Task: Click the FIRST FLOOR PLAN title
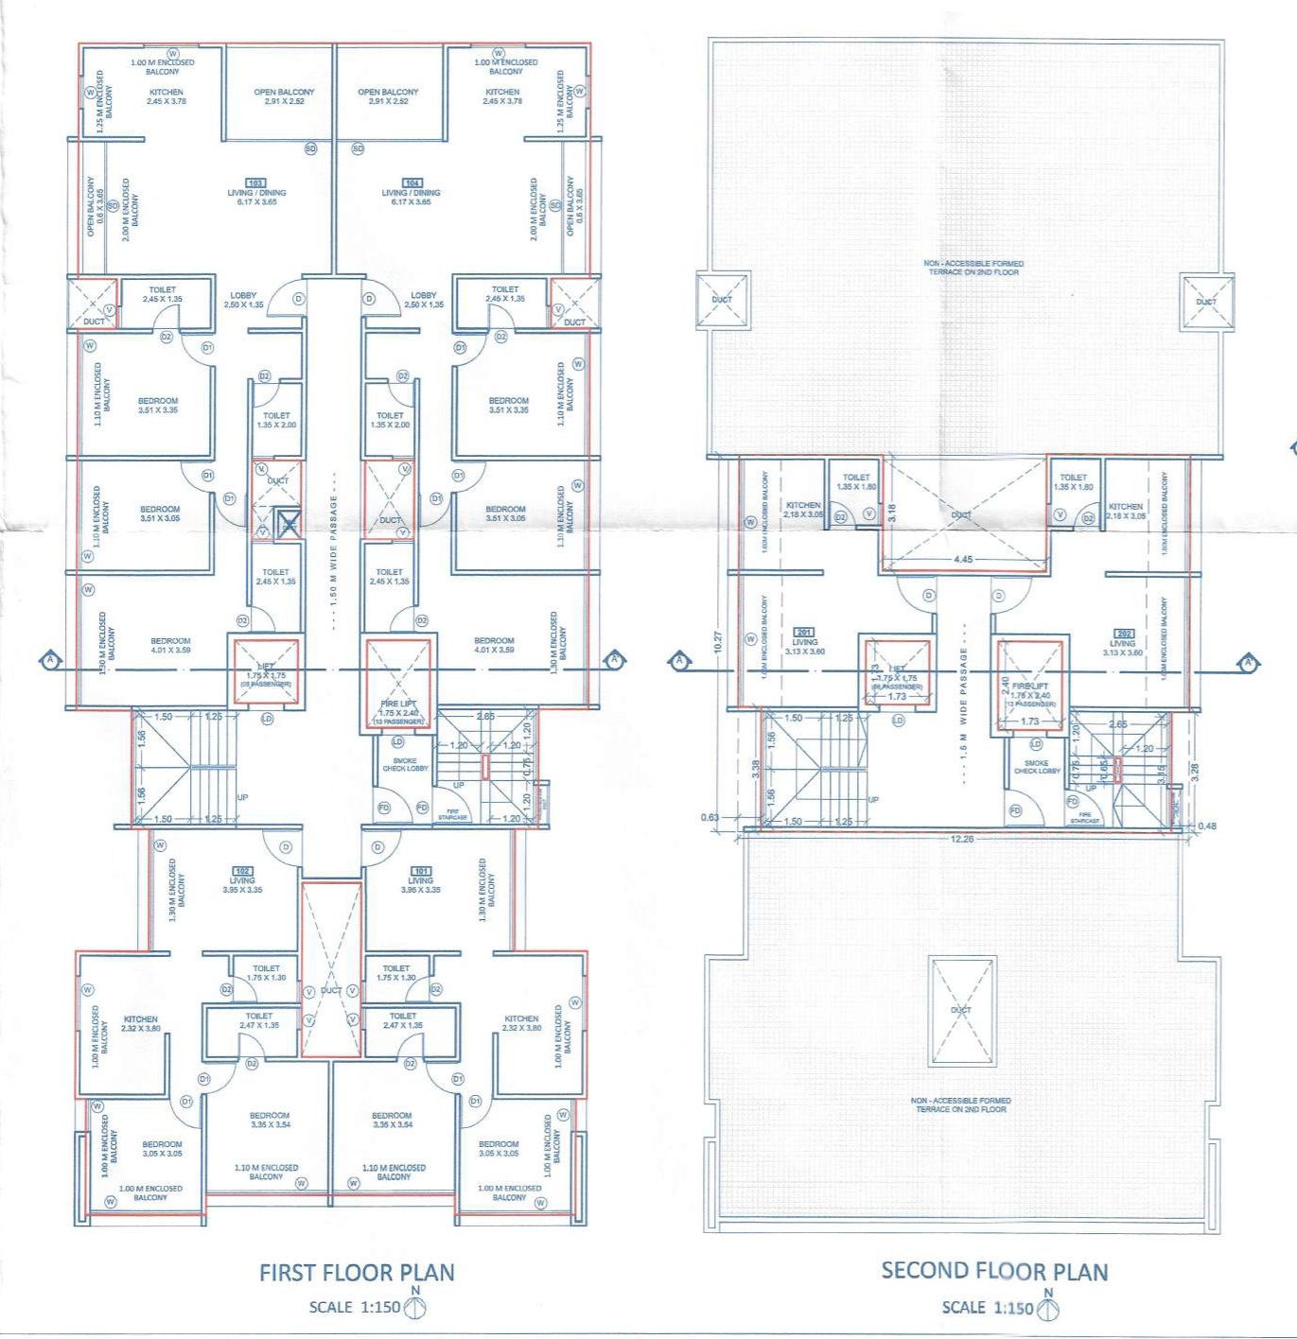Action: click(x=357, y=1273)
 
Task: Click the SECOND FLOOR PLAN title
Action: click(x=994, y=1271)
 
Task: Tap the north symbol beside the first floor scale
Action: click(x=415, y=1307)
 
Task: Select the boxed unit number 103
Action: click(x=254, y=183)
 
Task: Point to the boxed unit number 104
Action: click(x=412, y=183)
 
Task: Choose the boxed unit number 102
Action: click(x=242, y=871)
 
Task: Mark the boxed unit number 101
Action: click(x=421, y=871)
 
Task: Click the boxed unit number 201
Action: click(x=804, y=632)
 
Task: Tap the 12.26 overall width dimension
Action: click(x=961, y=839)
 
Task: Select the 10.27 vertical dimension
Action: click(x=718, y=642)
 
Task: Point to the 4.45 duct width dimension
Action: click(x=963, y=560)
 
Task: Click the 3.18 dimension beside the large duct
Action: click(x=891, y=513)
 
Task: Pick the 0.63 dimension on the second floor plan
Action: click(x=710, y=817)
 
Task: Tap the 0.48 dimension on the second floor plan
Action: click(x=1207, y=826)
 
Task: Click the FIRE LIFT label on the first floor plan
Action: click(x=398, y=704)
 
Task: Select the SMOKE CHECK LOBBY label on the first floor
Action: click(x=405, y=764)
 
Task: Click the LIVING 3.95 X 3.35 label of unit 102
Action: click(x=242, y=885)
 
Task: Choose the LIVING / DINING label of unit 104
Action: click(x=412, y=193)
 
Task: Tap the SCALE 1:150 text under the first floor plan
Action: click(x=354, y=1307)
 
